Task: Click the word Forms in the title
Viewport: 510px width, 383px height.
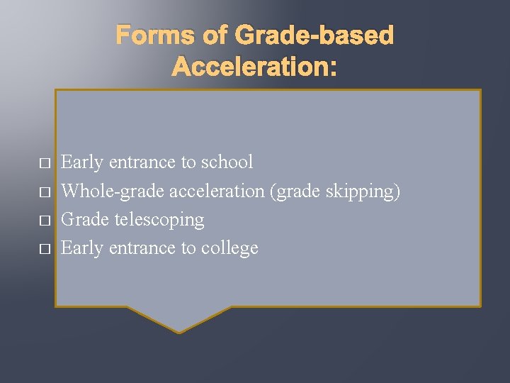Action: (x=152, y=35)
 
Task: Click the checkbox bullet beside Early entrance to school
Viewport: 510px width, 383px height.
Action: (x=44, y=164)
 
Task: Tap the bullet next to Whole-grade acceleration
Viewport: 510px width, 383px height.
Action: (x=44, y=192)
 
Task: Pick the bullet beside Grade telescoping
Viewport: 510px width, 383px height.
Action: (x=44, y=221)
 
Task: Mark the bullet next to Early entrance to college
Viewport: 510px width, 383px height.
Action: (x=44, y=249)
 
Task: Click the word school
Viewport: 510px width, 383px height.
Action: (x=227, y=162)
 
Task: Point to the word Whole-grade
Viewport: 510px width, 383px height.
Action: (x=103, y=191)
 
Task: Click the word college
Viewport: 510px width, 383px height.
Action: (x=229, y=248)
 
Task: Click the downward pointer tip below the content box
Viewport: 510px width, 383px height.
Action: (x=179, y=330)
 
